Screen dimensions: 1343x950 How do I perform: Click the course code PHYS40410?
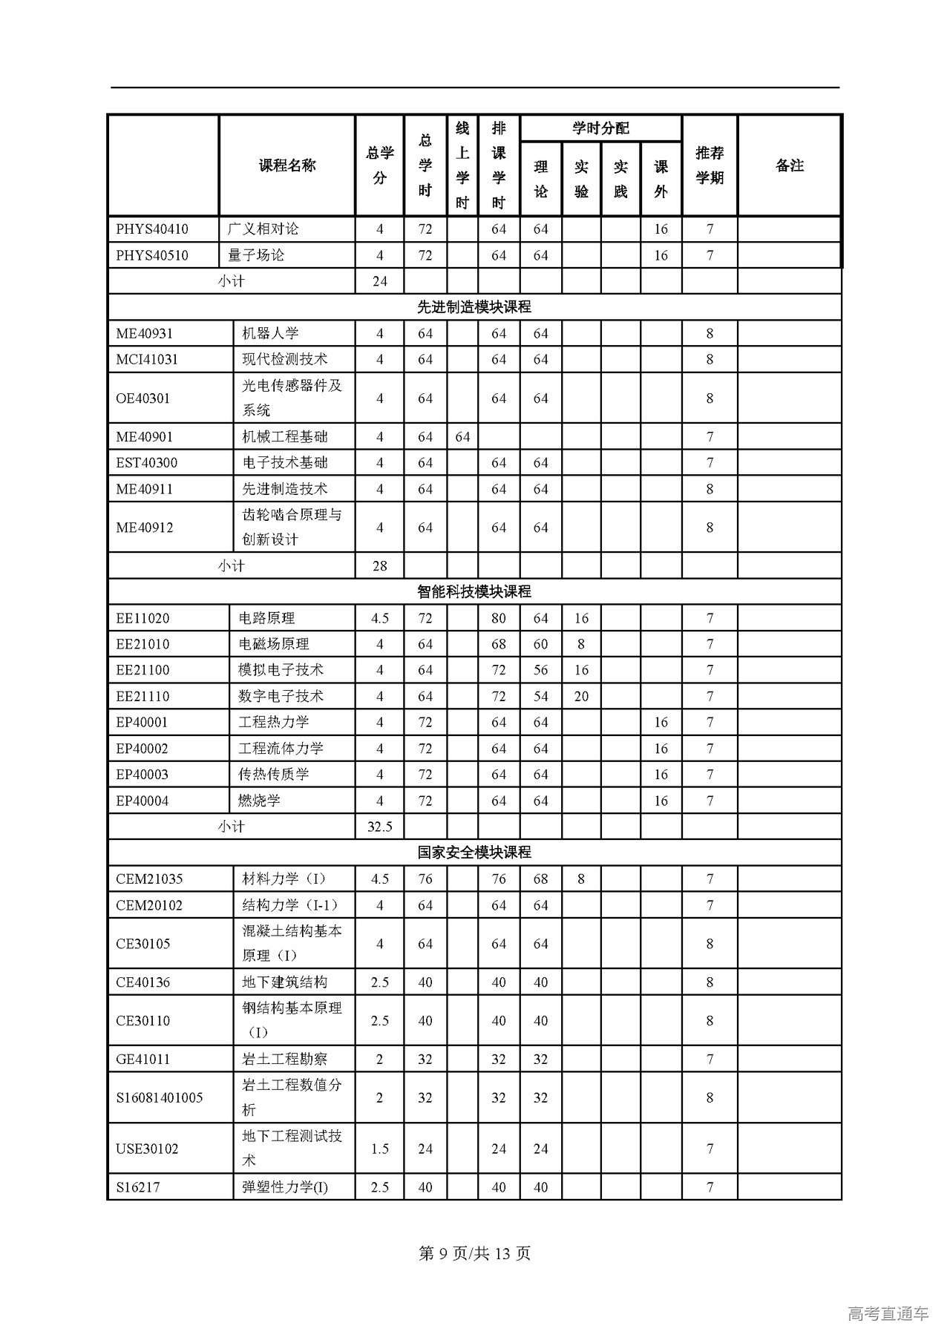[x=152, y=229]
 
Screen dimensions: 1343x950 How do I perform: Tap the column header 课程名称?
[x=287, y=165]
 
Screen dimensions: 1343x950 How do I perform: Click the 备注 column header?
[x=789, y=165]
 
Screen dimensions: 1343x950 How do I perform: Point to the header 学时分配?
[x=600, y=128]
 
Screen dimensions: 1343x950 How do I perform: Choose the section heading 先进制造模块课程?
[x=474, y=307]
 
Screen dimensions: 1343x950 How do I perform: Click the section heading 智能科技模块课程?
[x=474, y=592]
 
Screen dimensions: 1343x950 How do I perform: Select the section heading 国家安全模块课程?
[x=474, y=853]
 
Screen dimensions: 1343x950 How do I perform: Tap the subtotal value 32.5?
[x=379, y=827]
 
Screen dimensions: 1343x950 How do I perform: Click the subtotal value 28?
[x=379, y=566]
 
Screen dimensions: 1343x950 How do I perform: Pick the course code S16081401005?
[x=160, y=1097]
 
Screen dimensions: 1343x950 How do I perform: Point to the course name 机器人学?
[x=270, y=333]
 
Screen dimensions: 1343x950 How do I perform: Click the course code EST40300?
[x=147, y=463]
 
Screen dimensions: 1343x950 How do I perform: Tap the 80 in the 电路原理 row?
[x=499, y=618]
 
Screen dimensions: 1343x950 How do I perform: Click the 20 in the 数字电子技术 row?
[x=581, y=696]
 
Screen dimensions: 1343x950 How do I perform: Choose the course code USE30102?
[x=148, y=1149]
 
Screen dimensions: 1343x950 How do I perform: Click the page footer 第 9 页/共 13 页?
[x=475, y=1253]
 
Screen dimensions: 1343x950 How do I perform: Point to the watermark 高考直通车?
[x=888, y=1314]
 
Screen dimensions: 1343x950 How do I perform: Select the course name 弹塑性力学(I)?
[x=285, y=1187]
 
